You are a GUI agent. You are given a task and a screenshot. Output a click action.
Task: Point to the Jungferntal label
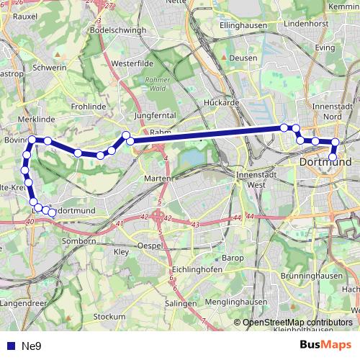point(155,115)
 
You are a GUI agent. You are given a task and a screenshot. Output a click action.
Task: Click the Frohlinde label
point(89,106)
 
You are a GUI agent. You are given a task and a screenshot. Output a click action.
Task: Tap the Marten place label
point(157,179)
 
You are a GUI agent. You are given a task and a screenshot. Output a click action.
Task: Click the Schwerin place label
point(50,68)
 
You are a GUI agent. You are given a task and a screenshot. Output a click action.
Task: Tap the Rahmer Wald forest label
point(156,84)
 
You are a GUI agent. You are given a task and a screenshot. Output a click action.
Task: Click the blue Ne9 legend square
point(9,346)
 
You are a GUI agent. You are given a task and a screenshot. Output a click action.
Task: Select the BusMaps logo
point(325,346)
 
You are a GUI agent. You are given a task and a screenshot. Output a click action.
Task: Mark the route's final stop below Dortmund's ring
point(333,157)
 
